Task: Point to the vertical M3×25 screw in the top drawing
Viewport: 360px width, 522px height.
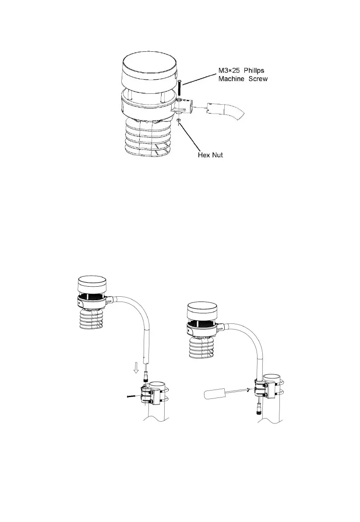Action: click(x=180, y=90)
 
